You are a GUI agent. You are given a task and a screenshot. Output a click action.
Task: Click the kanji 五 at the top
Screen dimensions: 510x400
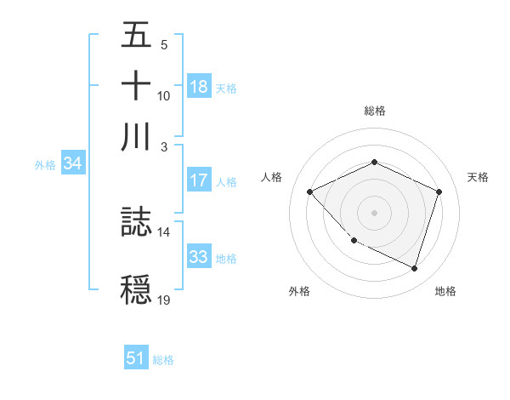pyautogui.click(x=137, y=36)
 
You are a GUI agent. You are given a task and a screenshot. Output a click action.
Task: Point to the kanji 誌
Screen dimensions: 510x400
pyautogui.click(x=137, y=223)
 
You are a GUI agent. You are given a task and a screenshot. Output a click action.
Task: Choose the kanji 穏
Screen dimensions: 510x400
pyautogui.click(x=137, y=290)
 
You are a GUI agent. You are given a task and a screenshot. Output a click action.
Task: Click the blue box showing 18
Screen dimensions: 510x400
pyautogui.click(x=199, y=86)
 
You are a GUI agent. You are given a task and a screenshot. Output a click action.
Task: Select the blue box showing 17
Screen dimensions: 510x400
pyautogui.click(x=199, y=180)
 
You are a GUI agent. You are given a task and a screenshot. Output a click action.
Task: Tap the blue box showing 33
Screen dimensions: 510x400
pyautogui.click(x=199, y=257)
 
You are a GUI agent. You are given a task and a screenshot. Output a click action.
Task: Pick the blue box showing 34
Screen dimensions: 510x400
pyautogui.click(x=72, y=164)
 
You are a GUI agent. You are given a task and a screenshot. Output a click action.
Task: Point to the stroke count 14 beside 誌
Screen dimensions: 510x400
pyautogui.click(x=163, y=231)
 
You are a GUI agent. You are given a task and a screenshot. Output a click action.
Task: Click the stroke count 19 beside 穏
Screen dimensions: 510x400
pyautogui.click(x=163, y=300)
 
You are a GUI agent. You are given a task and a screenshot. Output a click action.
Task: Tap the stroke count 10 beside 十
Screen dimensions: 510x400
pyautogui.click(x=164, y=95)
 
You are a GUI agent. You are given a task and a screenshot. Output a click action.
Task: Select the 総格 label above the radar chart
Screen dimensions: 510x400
pyautogui.click(x=374, y=111)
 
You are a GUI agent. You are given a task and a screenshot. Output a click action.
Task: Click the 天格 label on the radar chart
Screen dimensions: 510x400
pyautogui.click(x=479, y=177)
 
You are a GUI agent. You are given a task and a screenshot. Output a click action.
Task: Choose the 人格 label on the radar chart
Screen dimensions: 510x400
pyautogui.click(x=272, y=177)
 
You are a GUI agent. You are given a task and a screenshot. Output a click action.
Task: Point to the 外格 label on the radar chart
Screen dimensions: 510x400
pyautogui.click(x=299, y=291)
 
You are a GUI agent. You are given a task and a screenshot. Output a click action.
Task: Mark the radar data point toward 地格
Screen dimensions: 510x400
pyautogui.click(x=415, y=269)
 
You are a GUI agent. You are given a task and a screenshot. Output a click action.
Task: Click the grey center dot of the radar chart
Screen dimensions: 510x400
pyautogui.click(x=374, y=213)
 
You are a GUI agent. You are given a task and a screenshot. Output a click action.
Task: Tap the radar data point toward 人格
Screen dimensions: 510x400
pyautogui.click(x=310, y=191)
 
